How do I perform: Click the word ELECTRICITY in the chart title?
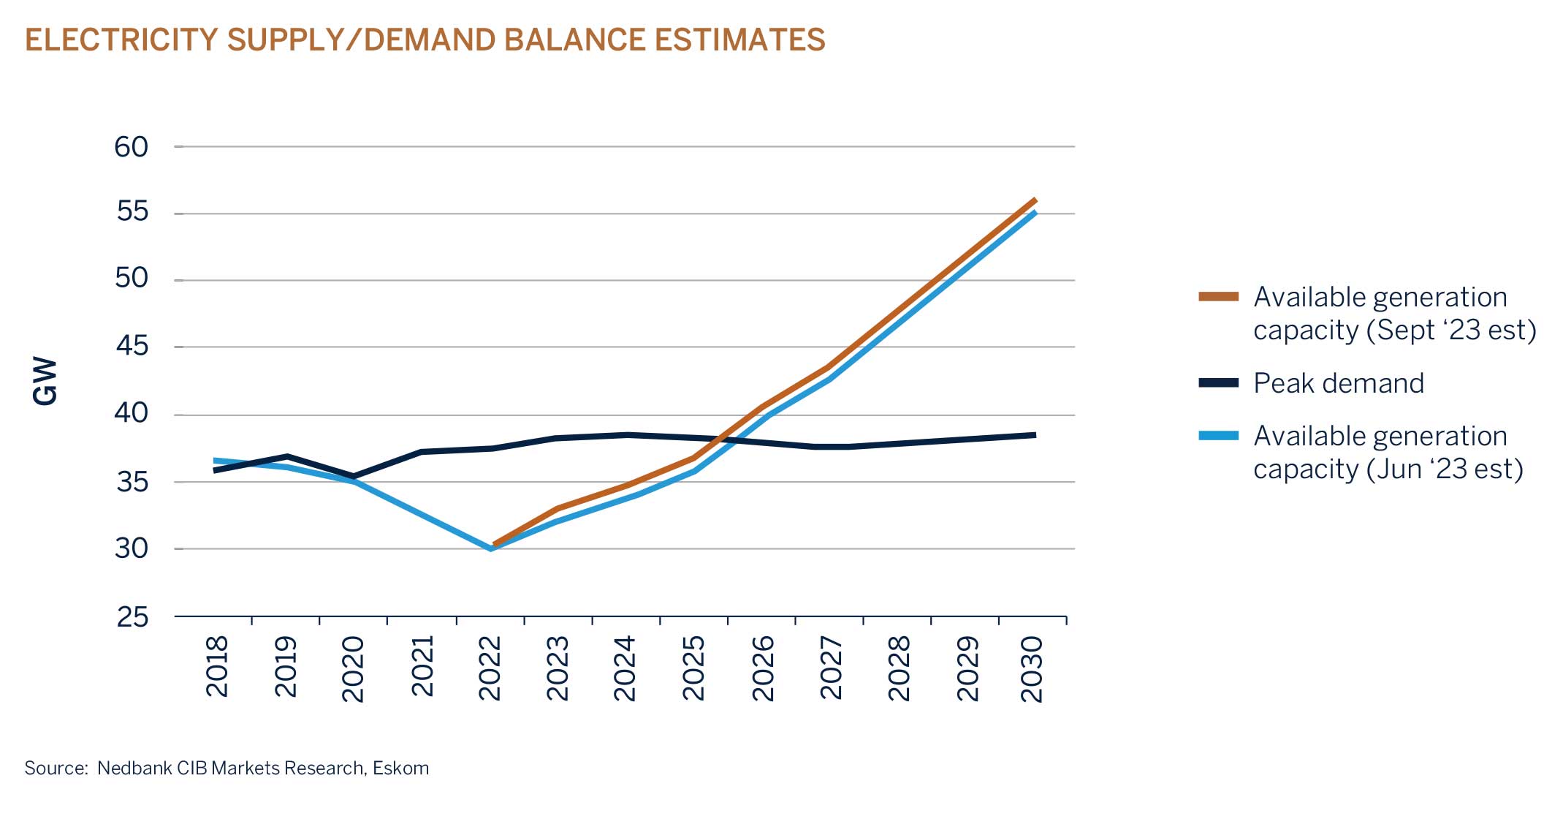(121, 40)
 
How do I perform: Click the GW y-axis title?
(45, 381)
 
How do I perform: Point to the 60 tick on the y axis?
(132, 147)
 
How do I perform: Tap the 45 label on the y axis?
(132, 346)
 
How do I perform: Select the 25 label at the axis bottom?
(132, 617)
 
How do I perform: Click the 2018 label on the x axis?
(217, 666)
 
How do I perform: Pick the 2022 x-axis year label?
(490, 668)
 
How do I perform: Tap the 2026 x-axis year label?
(762, 668)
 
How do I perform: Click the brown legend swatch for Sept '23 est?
(1218, 297)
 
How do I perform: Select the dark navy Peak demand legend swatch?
(1218, 383)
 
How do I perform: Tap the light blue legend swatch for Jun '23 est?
(1218, 436)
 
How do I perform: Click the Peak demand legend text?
(1338, 383)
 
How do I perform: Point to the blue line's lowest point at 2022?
(490, 548)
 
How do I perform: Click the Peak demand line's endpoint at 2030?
(1035, 435)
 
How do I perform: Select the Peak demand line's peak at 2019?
(286, 456)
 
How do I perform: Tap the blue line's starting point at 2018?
(215, 461)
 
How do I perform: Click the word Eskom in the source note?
(400, 768)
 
